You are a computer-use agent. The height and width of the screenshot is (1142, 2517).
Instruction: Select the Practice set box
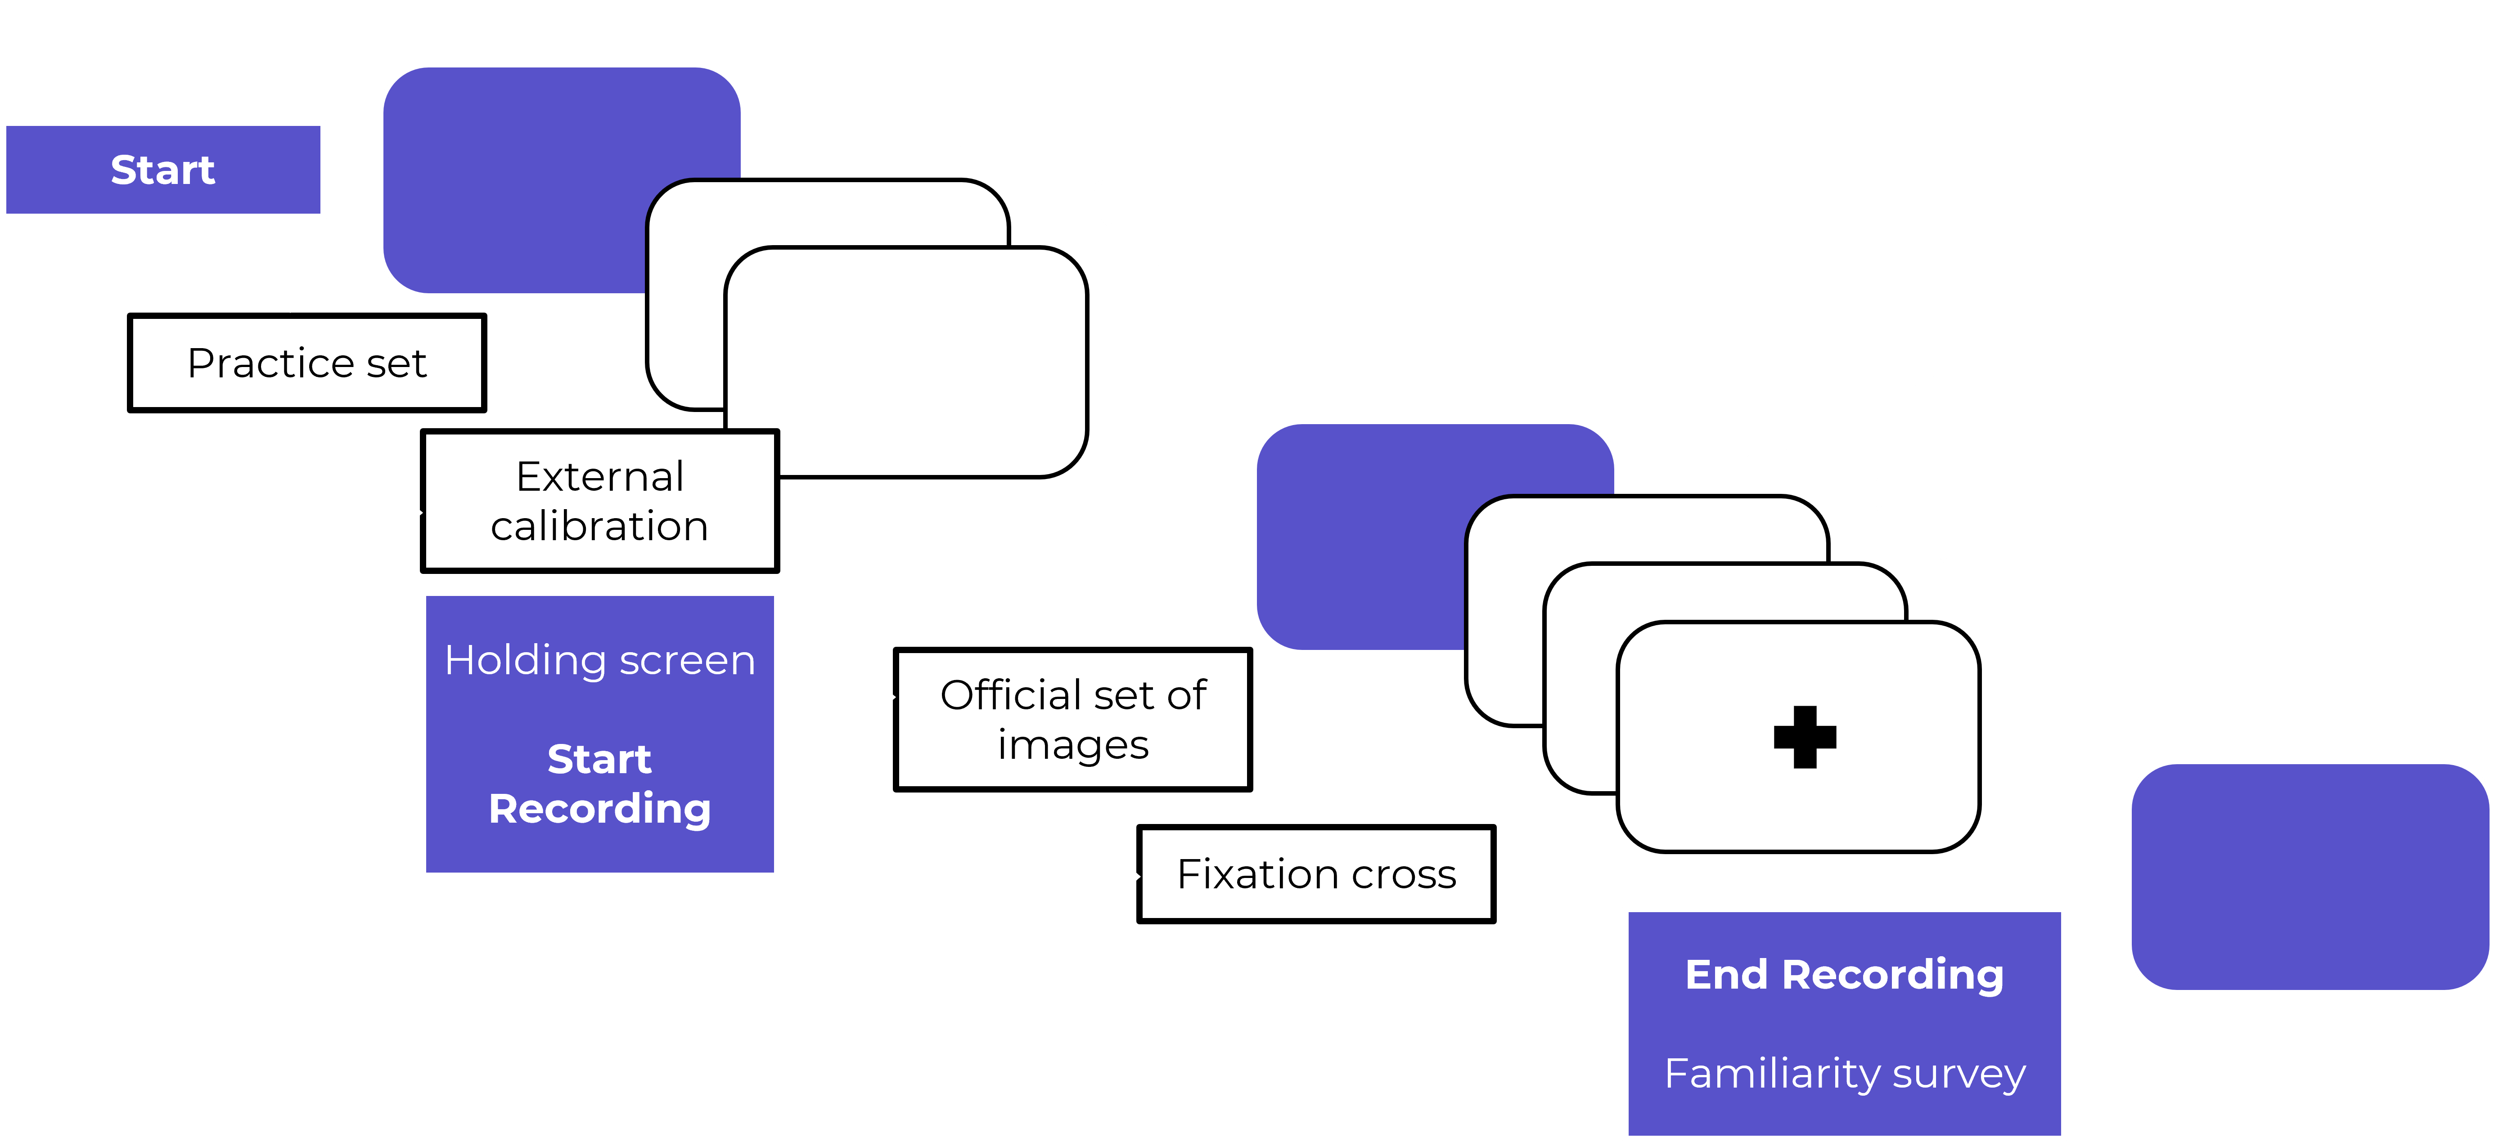point(307,363)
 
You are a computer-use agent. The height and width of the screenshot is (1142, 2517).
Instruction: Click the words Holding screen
point(600,660)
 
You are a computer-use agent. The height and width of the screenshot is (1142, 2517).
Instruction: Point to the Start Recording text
point(600,784)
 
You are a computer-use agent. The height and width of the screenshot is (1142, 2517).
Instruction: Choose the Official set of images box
point(1073,720)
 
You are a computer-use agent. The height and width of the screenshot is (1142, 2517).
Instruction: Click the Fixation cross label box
point(1316,874)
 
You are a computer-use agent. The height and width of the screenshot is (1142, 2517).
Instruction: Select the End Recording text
point(1844,975)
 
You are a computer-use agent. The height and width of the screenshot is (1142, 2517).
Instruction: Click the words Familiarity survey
point(1844,1074)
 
